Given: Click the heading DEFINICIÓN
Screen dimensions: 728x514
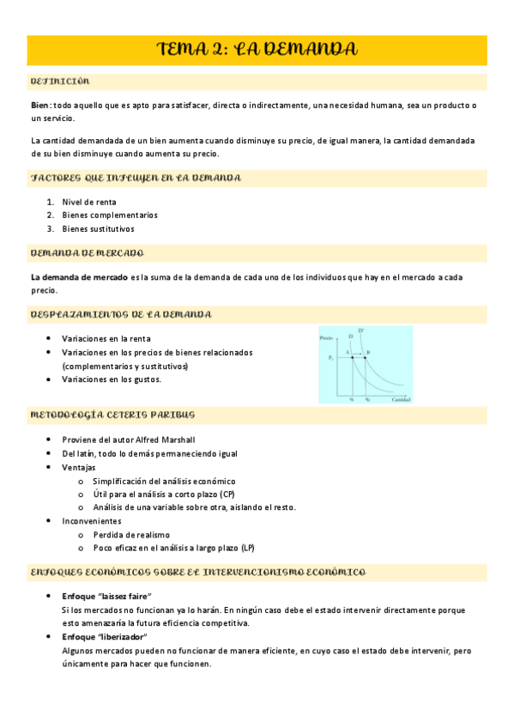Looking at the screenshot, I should tap(59, 82).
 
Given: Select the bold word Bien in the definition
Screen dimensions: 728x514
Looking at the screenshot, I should tap(39, 105).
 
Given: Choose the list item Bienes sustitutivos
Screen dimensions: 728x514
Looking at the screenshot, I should tap(98, 229).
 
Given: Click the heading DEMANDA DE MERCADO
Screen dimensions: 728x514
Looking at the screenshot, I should tap(87, 253).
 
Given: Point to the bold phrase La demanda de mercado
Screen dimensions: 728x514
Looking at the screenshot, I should tap(78, 276).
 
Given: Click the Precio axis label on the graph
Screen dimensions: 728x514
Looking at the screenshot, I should tap(325, 341).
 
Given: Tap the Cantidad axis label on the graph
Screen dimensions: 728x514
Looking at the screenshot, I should tap(400, 400).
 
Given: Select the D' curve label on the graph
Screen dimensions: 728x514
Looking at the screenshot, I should tap(361, 331).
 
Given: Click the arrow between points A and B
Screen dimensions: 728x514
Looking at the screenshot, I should tap(358, 355).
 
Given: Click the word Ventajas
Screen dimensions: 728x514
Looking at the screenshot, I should tap(79, 467).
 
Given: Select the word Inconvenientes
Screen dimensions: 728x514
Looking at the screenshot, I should tap(92, 521).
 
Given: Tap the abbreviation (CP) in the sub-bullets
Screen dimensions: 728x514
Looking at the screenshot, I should tap(227, 494).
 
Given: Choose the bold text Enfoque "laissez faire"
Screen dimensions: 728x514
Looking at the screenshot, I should tap(106, 596).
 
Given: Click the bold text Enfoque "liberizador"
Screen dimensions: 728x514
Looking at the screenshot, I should tap(105, 637).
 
